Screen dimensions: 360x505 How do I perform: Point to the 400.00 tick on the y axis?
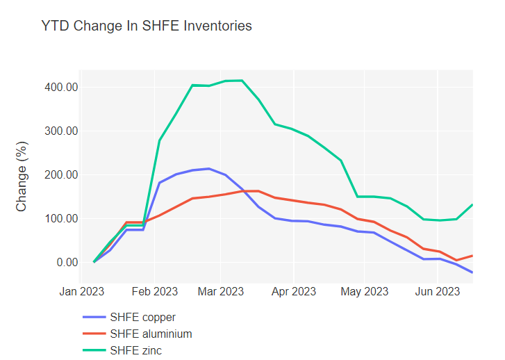pos(59,87)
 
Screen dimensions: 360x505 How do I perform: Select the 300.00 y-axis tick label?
pos(59,131)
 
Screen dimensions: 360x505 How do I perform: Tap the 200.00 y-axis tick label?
pos(59,174)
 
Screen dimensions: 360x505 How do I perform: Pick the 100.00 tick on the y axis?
pos(59,218)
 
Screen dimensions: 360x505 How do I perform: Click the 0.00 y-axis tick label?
pos(64,262)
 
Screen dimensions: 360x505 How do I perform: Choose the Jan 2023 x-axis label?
pos(81,291)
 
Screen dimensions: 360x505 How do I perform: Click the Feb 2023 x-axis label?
pos(154,291)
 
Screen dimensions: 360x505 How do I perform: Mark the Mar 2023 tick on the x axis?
pos(220,291)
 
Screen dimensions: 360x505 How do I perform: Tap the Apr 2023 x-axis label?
pos(293,291)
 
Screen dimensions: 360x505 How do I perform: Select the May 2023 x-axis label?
pos(364,291)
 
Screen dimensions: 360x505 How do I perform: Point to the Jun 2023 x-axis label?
pos(437,291)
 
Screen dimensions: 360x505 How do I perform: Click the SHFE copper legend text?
pos(142,318)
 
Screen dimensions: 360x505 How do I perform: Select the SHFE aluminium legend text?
pos(151,334)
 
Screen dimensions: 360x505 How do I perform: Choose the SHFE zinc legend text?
pos(135,350)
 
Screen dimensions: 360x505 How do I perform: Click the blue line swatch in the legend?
pos(94,318)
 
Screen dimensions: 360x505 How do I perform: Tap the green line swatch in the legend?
pos(94,350)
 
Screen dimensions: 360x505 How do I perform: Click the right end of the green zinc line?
pos(472,204)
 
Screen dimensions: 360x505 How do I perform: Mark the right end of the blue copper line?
pos(472,272)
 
